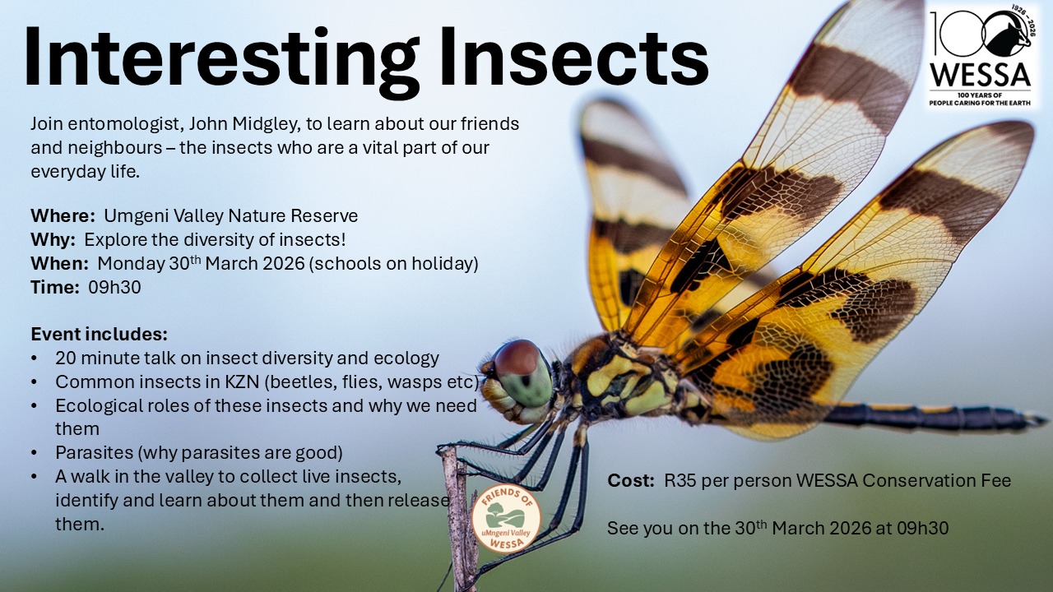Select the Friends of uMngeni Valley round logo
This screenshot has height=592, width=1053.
(x=506, y=518)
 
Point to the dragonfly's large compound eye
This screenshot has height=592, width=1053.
(x=522, y=372)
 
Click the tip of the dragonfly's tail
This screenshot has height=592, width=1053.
(x=1046, y=419)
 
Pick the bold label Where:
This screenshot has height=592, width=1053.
(x=63, y=215)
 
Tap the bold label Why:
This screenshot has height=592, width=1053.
(x=53, y=240)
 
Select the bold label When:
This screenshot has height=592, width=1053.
(x=60, y=264)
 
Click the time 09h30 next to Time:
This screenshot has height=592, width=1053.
(x=114, y=288)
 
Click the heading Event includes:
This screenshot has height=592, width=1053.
(x=100, y=335)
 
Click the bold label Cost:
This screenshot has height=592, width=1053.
(x=631, y=481)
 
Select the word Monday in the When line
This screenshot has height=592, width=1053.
(x=131, y=264)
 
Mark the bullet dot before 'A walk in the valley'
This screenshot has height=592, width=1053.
(x=34, y=477)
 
